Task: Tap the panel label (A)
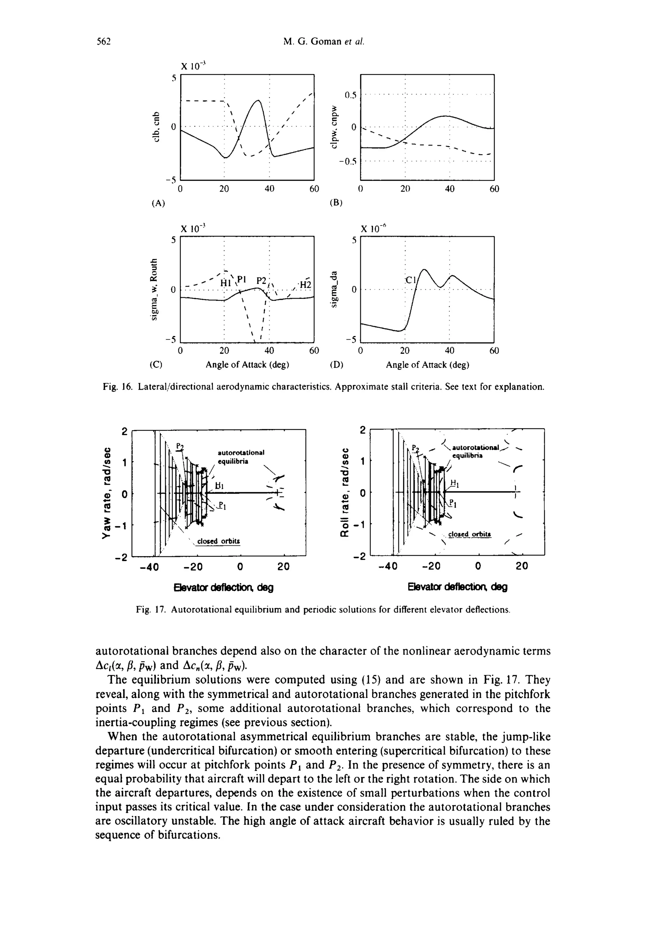click(x=158, y=204)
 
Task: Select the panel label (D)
click(x=336, y=365)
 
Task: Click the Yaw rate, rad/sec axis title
click(x=106, y=492)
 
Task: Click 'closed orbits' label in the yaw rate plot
click(x=218, y=541)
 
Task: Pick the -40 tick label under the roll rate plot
click(x=388, y=566)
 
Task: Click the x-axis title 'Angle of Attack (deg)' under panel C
click(x=247, y=365)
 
